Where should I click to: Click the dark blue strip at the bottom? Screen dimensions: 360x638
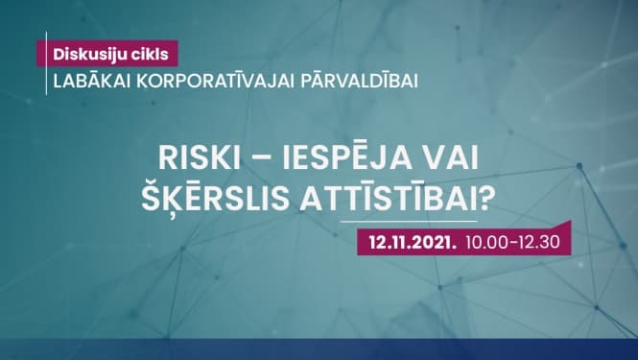319,349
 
